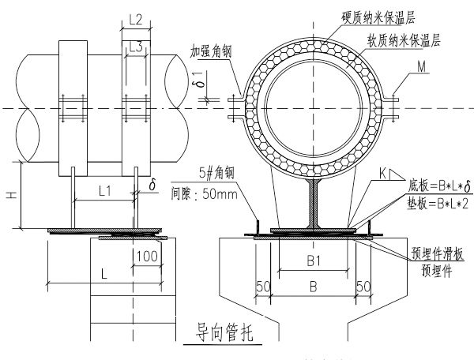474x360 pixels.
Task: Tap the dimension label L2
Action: click(135, 20)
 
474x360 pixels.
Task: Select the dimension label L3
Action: click(135, 48)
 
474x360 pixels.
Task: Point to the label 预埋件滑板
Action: click(418, 253)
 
